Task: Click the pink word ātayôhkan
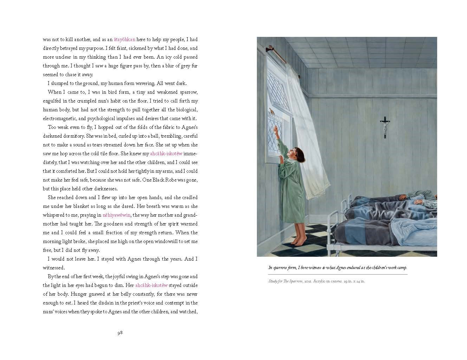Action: pyautogui.click(x=124, y=40)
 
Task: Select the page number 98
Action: pyautogui.click(x=120, y=333)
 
